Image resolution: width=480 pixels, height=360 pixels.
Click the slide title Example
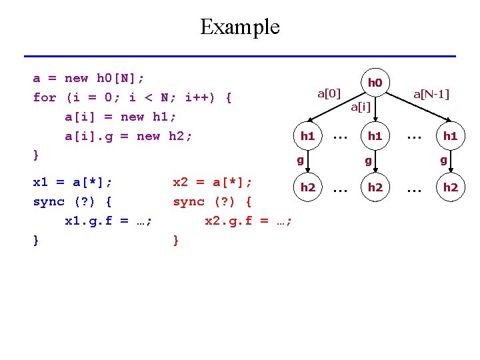pos(240,27)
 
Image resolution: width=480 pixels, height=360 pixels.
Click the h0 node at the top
pos(375,83)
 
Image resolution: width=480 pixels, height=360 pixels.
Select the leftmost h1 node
pos(307,136)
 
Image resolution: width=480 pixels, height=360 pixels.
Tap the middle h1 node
pos(375,136)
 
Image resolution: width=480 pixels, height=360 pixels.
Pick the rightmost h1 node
pos(451,136)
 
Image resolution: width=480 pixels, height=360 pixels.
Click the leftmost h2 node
pos(307,187)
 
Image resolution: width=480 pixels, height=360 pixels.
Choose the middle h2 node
pos(375,187)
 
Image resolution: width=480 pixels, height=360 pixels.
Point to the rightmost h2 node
pos(451,187)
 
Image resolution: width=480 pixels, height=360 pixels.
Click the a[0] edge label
pos(329,93)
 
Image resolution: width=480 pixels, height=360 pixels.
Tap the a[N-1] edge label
pos(431,94)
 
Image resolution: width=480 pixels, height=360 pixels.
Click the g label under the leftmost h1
pos(300,160)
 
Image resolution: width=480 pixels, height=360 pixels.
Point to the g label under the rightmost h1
pos(443,160)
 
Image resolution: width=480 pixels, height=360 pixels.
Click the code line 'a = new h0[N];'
pos(89,78)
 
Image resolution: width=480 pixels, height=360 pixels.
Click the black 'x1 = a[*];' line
pos(73,181)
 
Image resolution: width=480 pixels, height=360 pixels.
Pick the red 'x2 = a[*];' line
pos(213,181)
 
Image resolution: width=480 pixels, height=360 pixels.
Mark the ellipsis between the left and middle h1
pos(341,136)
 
